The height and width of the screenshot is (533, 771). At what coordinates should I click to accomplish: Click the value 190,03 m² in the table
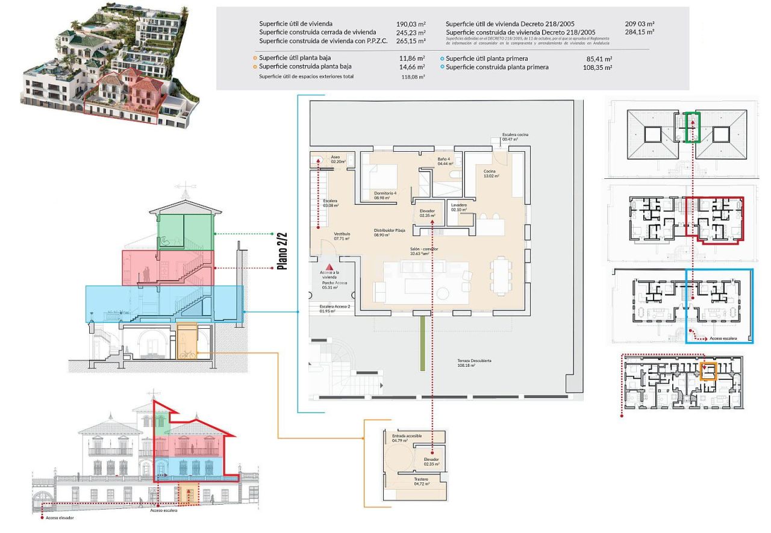[411, 23]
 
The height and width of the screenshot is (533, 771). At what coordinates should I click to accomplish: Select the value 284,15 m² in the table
[640, 32]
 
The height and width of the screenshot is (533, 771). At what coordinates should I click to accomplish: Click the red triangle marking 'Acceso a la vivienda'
[329, 265]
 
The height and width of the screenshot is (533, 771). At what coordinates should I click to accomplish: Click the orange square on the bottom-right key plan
[709, 370]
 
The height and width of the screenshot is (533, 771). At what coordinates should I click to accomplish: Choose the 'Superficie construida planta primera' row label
[497, 67]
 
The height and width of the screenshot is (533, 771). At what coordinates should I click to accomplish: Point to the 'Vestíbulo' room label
[342, 236]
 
